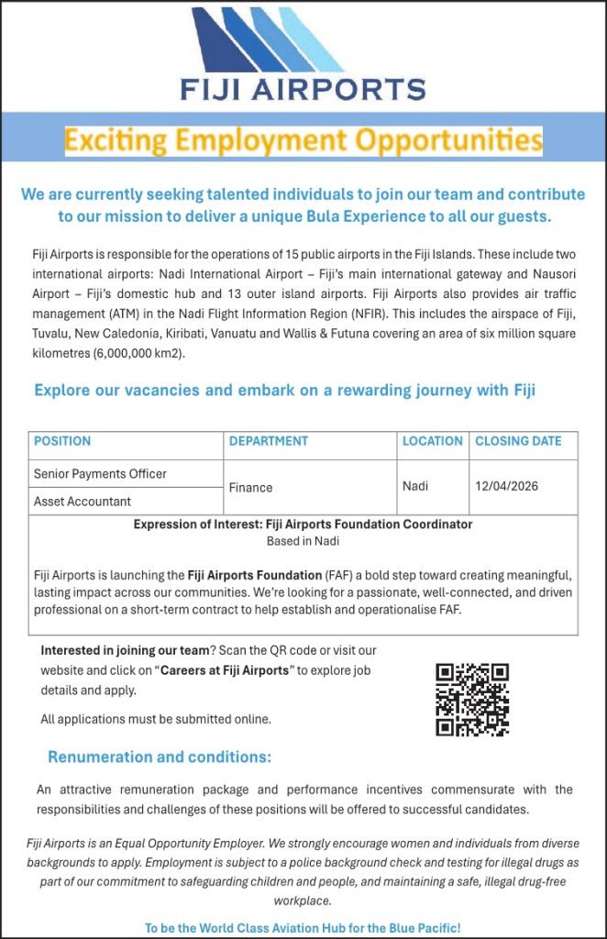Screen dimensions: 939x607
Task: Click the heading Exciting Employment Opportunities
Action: (x=303, y=141)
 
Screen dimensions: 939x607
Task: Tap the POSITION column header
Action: (x=62, y=441)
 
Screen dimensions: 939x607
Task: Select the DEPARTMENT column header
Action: (x=269, y=441)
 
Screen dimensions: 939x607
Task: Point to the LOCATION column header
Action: (x=433, y=441)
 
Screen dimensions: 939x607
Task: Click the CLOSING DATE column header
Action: (x=518, y=441)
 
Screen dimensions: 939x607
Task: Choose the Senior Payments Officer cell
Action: (x=100, y=474)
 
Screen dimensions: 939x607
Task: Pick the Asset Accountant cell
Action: (x=83, y=502)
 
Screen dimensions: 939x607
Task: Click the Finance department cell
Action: (x=250, y=488)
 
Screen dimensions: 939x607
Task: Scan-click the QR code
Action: (x=472, y=699)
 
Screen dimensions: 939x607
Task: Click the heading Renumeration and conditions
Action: (x=160, y=757)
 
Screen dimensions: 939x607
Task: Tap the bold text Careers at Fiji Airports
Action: (x=225, y=670)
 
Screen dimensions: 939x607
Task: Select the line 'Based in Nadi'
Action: (x=303, y=541)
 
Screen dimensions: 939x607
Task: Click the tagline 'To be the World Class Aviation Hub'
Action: (x=303, y=928)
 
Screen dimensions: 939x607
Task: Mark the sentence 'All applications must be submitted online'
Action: (x=156, y=719)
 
